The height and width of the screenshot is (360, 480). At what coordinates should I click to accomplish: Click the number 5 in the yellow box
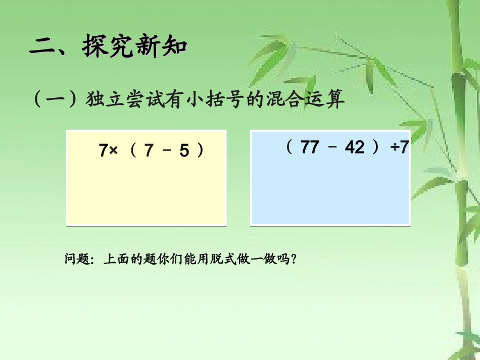point(184,150)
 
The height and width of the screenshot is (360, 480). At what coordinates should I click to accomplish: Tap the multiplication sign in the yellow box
point(113,150)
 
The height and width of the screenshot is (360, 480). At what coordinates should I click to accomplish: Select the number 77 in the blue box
point(311,147)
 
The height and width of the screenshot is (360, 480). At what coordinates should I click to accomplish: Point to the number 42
point(354,147)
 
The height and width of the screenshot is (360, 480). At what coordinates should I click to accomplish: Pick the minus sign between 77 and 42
point(332,147)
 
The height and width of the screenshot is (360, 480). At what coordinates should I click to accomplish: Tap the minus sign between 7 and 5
point(166,150)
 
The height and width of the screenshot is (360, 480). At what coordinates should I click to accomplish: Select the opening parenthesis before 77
point(290,147)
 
